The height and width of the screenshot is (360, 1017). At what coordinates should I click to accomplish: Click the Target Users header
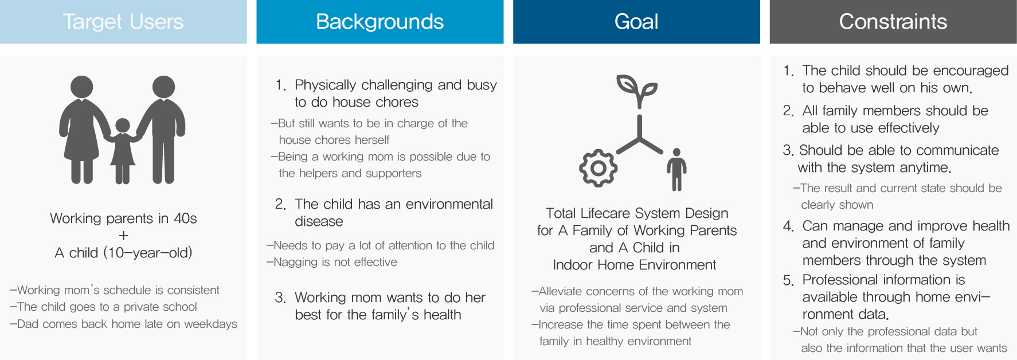click(123, 22)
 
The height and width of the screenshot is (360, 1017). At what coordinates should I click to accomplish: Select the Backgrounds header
click(380, 22)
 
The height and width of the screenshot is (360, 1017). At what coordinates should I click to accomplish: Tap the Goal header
click(636, 22)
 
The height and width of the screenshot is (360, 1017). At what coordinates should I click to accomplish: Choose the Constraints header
click(893, 22)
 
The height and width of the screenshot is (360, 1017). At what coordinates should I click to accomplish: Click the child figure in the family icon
click(123, 150)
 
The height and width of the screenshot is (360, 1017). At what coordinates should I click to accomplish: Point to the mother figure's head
click(82, 87)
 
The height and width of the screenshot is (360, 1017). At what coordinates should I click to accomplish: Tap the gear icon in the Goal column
click(598, 168)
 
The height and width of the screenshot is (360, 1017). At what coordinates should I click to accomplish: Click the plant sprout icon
click(637, 91)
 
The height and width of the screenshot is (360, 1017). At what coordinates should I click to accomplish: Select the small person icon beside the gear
click(676, 169)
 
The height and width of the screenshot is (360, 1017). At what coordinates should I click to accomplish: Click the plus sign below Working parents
click(123, 235)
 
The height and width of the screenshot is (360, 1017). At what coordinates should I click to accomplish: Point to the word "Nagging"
click(296, 263)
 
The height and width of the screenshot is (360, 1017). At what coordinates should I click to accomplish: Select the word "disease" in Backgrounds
click(319, 221)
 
